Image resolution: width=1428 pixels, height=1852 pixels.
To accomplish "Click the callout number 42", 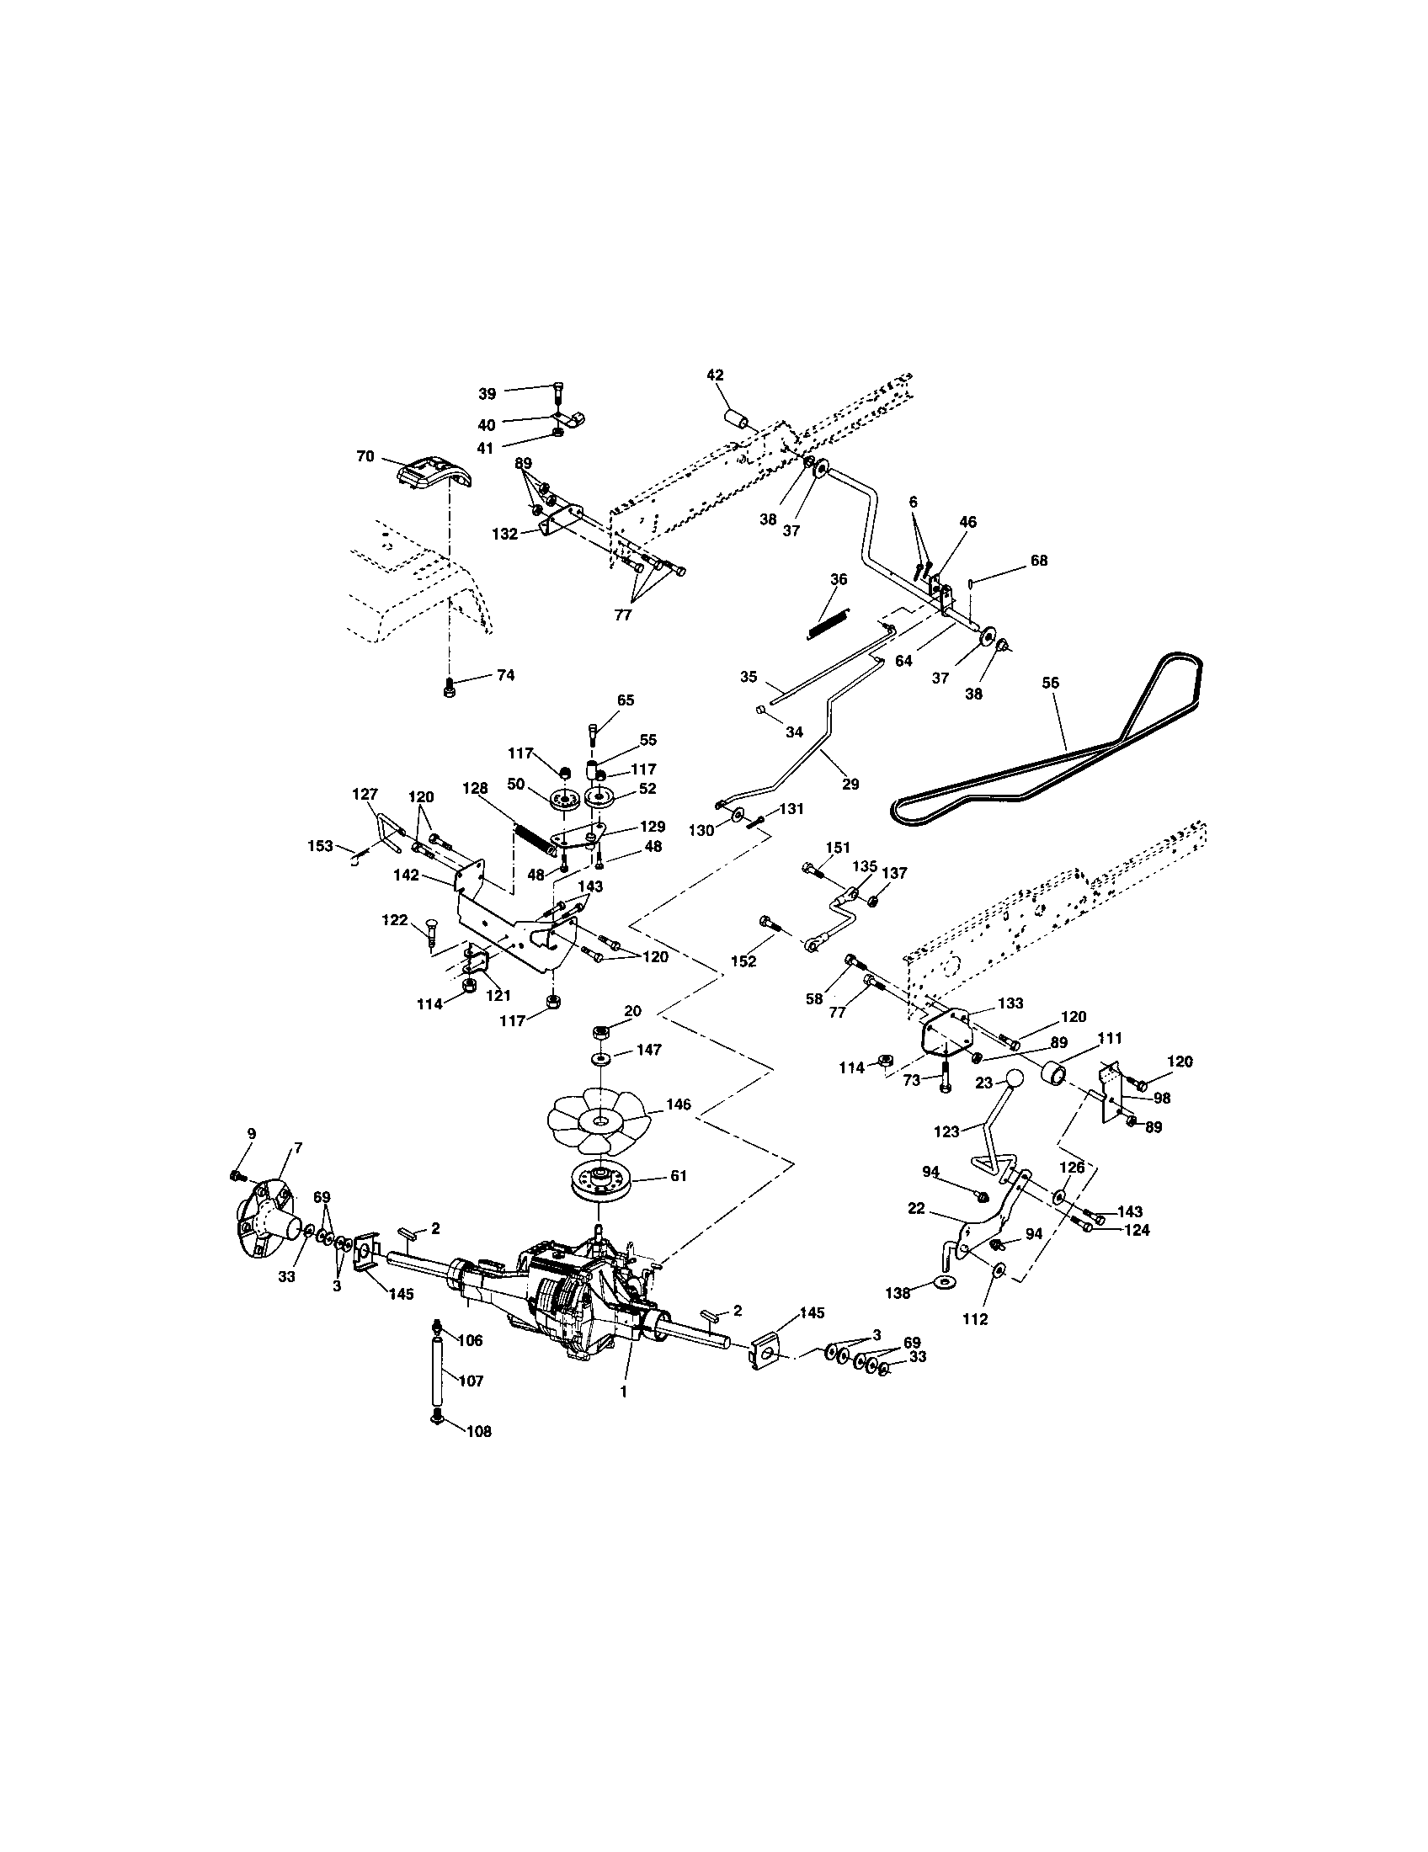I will pos(715,375).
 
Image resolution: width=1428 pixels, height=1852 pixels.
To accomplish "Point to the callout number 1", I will pos(623,1392).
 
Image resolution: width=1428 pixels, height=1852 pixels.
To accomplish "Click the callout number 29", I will pos(850,785).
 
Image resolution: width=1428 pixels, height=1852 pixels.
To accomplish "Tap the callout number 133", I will pos(1010,1003).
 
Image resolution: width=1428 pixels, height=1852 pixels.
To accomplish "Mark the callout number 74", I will pos(505,675).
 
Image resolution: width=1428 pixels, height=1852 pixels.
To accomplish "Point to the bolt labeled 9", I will pos(235,1174).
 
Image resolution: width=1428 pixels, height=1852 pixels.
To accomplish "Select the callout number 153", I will pos(321,845).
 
